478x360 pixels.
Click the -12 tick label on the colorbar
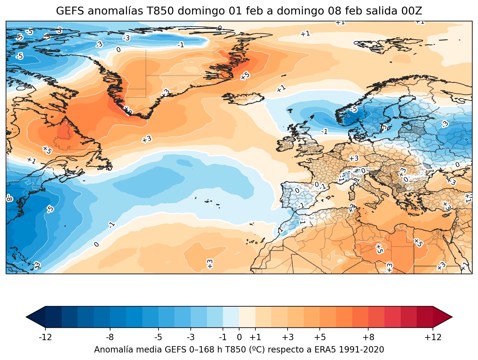(x=45, y=337)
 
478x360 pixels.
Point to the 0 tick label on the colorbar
(x=239, y=337)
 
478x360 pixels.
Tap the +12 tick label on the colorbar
(x=433, y=337)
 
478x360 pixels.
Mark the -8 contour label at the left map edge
(x=9, y=198)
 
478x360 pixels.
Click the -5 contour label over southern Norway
(x=354, y=109)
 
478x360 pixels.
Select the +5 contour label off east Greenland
(x=245, y=76)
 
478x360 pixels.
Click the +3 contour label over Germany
(x=354, y=158)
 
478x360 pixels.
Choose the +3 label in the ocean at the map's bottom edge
(x=210, y=263)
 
